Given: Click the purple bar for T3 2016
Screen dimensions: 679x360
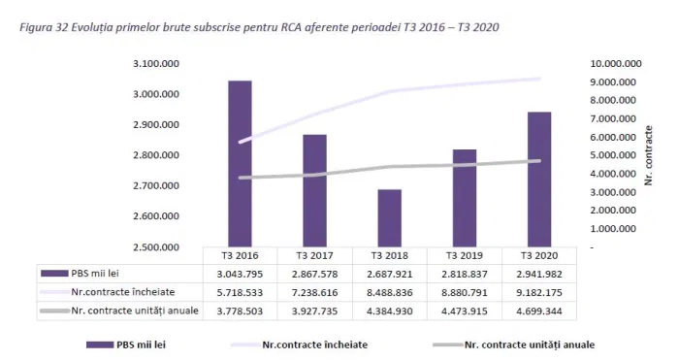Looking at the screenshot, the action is [x=240, y=164].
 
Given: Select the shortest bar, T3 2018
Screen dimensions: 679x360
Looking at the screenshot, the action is [x=390, y=218].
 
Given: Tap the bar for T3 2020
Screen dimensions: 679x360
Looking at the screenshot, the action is [x=539, y=180].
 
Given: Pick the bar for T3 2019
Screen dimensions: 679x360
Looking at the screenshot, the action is [x=465, y=198].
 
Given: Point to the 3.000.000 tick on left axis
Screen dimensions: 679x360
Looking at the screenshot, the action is [x=156, y=94].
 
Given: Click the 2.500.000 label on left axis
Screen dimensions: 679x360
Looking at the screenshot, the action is [x=156, y=246].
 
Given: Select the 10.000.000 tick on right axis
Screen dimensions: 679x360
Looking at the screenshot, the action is [x=616, y=64].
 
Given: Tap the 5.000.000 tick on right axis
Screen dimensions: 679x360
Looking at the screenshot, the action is [x=613, y=155].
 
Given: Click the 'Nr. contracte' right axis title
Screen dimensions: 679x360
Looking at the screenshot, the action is [x=648, y=155].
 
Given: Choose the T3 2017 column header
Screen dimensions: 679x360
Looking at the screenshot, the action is [x=315, y=255].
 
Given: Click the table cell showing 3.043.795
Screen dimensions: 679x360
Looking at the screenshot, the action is [x=240, y=275].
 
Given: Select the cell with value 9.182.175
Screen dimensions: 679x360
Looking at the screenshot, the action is [x=539, y=292].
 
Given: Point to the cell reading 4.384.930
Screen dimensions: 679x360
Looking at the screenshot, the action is [x=390, y=311].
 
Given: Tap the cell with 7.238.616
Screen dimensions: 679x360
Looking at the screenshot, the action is [x=315, y=292].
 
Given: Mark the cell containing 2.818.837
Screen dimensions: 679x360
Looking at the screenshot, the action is [x=465, y=275].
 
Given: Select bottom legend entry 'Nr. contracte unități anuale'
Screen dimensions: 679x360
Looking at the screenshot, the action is [x=513, y=344].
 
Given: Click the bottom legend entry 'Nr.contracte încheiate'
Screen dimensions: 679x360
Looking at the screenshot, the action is [x=299, y=344].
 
